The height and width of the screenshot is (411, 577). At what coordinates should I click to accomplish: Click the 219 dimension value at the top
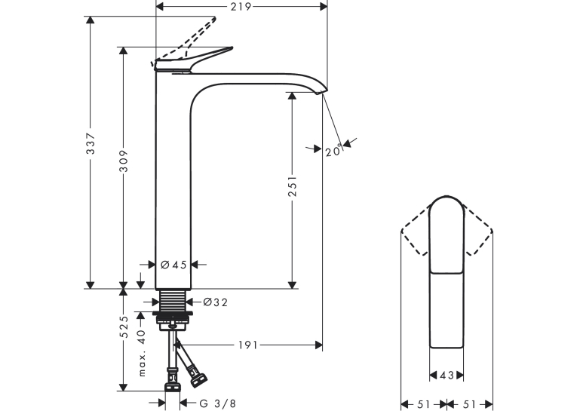[241, 7]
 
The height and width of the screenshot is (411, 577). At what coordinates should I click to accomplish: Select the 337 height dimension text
[91, 143]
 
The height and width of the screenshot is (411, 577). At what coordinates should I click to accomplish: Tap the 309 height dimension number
[124, 161]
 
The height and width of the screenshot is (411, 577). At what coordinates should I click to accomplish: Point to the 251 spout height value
[293, 186]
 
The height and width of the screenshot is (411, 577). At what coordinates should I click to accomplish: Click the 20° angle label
[334, 150]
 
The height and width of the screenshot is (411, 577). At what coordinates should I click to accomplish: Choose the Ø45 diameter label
[173, 265]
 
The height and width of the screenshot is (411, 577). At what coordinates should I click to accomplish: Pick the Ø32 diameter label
[216, 302]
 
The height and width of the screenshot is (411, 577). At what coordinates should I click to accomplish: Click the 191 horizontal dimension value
[248, 345]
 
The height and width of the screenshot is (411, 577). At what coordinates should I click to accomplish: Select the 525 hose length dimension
[124, 327]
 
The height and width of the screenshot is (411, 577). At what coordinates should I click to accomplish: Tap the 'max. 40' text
[142, 353]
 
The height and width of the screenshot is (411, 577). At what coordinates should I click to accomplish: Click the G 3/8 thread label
[217, 403]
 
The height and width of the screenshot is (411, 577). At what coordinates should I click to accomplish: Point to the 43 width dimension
[447, 376]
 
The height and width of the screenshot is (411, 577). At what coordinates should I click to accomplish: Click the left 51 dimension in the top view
[424, 404]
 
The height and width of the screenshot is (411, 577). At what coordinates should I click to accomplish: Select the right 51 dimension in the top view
[470, 404]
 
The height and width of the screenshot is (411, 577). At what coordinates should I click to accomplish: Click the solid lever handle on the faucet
[192, 61]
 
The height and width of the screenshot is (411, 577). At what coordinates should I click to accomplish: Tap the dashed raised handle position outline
[184, 41]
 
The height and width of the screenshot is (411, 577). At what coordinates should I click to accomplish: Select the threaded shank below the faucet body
[173, 300]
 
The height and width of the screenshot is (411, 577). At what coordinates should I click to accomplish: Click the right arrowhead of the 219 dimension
[324, 7]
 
